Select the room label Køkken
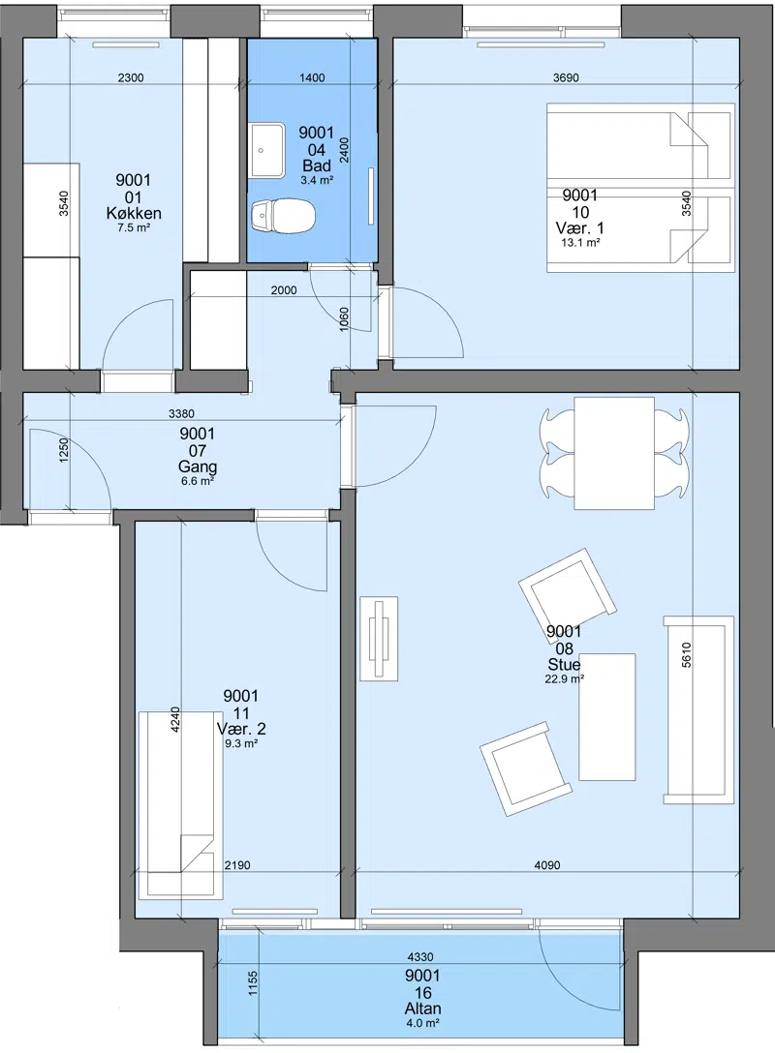[134, 214]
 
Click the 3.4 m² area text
[317, 180]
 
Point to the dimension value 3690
[566, 77]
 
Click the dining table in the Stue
[613, 453]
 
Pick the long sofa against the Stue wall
[698, 709]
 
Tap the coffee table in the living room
[607, 716]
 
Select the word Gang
[198, 466]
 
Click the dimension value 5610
[686, 655]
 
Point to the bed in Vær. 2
[181, 805]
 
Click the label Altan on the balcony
[422, 1008]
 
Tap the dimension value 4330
[420, 957]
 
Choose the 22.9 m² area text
[564, 679]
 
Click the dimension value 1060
[344, 320]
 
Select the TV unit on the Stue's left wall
[380, 638]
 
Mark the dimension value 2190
[237, 865]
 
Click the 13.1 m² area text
[580, 242]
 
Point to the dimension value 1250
[64, 450]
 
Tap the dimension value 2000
[284, 290]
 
